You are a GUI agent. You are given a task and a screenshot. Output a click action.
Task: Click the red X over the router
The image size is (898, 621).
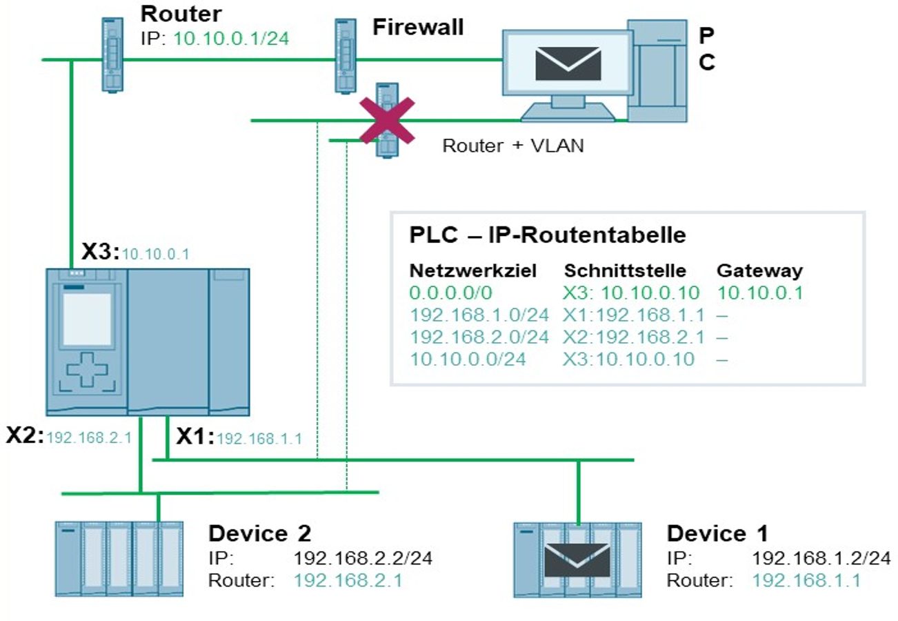click(387, 121)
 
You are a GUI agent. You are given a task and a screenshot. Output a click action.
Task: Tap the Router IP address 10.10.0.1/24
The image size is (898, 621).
click(230, 38)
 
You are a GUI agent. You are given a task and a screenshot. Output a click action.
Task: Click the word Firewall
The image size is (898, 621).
click(418, 27)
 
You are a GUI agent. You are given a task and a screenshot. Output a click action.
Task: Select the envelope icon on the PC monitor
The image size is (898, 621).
click(568, 64)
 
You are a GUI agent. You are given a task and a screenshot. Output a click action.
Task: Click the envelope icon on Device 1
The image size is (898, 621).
click(578, 560)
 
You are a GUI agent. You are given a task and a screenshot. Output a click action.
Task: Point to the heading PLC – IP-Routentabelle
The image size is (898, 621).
click(548, 235)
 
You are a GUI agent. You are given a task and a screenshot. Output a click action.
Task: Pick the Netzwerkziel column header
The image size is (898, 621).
click(472, 270)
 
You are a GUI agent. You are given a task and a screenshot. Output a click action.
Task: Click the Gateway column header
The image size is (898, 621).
click(759, 270)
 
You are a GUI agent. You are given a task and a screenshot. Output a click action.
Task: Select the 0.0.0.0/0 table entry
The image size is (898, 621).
click(452, 293)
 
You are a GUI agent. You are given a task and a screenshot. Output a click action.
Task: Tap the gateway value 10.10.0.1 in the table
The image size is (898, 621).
click(760, 293)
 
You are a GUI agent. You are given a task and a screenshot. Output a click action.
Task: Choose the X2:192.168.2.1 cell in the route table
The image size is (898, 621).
click(634, 337)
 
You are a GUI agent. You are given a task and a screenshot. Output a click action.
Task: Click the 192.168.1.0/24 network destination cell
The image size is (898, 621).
click(479, 315)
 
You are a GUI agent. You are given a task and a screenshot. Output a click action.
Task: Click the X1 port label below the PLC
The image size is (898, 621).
click(195, 436)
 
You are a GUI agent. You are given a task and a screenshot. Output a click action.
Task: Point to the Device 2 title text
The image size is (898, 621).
click(259, 533)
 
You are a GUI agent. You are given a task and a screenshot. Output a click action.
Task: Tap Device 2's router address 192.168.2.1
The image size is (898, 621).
click(348, 580)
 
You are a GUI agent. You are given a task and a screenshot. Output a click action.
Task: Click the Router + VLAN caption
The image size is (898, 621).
click(512, 146)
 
